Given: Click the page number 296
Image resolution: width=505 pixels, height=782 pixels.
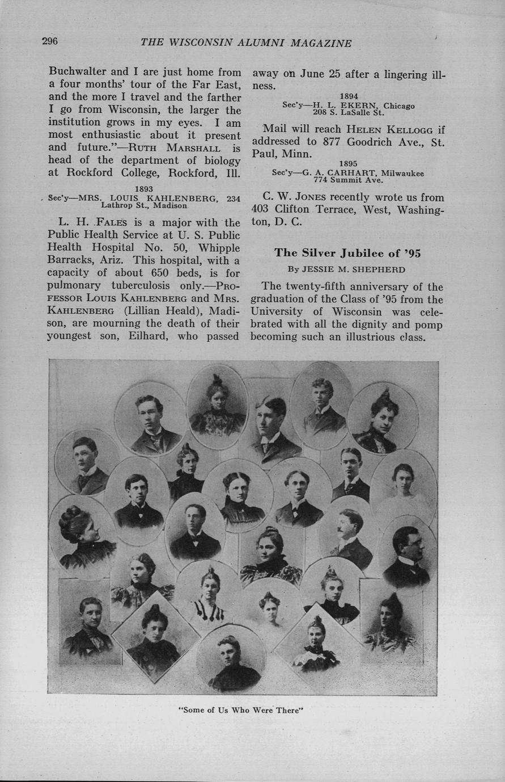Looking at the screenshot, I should click(50, 41).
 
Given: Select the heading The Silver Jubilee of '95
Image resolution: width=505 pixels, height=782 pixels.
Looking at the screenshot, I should click(347, 253).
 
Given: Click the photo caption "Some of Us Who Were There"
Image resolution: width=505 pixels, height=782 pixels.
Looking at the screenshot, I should click(241, 710).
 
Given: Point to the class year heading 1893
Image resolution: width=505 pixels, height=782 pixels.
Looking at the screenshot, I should click(145, 189).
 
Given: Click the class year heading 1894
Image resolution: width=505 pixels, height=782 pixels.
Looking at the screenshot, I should click(349, 96).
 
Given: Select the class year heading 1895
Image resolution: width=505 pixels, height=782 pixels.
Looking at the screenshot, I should click(349, 164).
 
